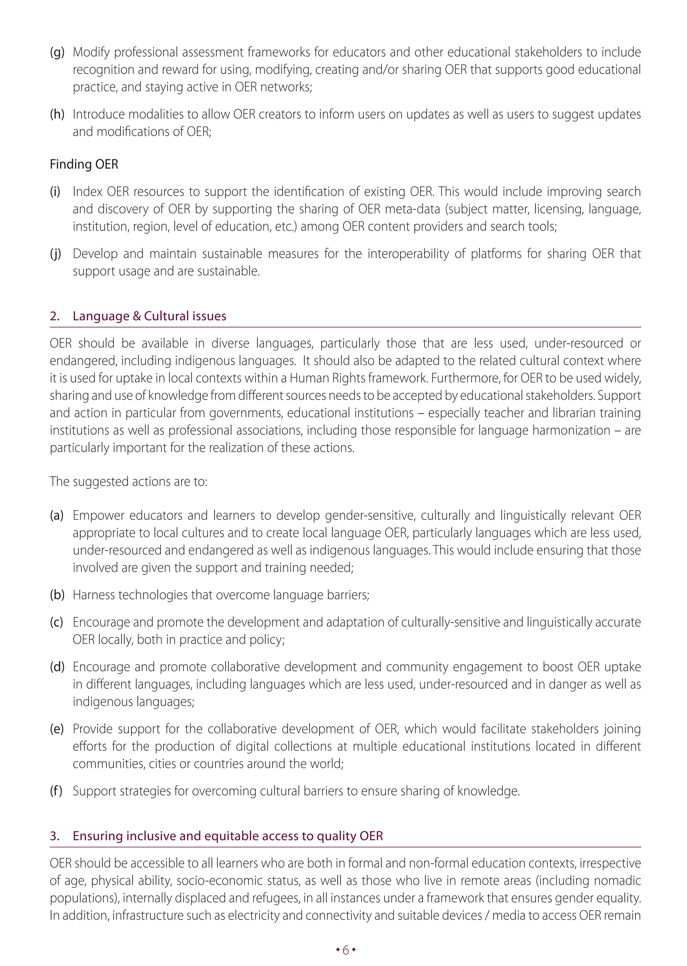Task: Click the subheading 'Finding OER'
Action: click(x=84, y=164)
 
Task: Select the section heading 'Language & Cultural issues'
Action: click(x=149, y=316)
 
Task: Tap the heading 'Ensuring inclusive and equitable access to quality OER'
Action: click(x=227, y=836)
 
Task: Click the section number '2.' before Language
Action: click(x=55, y=316)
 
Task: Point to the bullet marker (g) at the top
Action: click(x=57, y=52)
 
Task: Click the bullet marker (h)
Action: click(x=57, y=114)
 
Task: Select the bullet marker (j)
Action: click(x=55, y=254)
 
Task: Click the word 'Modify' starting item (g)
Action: click(x=92, y=52)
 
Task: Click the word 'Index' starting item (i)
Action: click(x=88, y=191)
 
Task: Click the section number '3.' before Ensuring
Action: click(x=55, y=836)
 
